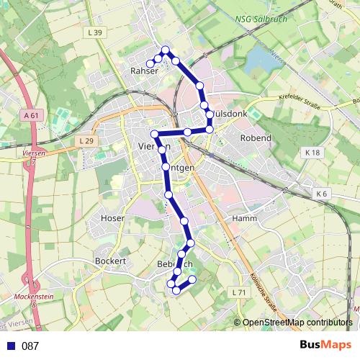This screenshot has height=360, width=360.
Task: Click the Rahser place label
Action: (143, 71)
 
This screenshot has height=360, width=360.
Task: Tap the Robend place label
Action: (256, 138)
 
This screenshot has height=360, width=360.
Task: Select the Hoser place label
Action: (113, 217)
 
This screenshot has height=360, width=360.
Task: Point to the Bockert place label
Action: (111, 261)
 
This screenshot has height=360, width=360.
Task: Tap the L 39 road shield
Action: (94, 32)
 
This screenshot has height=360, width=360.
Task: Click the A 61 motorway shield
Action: (30, 115)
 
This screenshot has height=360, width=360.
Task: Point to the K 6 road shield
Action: (320, 194)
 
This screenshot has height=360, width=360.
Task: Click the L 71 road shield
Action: (239, 292)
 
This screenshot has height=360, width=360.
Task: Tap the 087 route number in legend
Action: (30, 346)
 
